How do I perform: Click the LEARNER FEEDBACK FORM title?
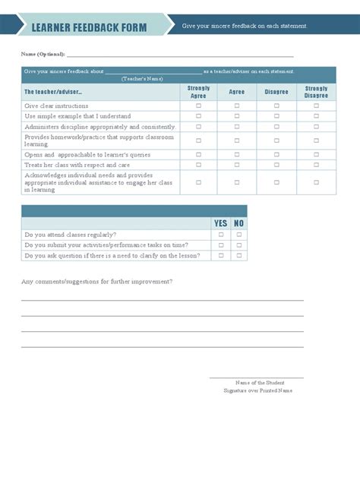[89, 27]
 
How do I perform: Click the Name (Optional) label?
[43, 55]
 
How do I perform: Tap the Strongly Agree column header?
[198, 92]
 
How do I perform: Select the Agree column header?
[236, 92]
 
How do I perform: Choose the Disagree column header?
[276, 92]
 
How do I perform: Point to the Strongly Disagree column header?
[316, 92]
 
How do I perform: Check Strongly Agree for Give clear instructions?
[198, 106]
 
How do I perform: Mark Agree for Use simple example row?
[236, 116]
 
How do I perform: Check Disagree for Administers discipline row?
[276, 127]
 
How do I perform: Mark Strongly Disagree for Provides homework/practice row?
[316, 141]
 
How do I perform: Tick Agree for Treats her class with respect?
[236, 165]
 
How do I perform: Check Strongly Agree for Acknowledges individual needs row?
[198, 182]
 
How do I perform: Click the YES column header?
[221, 223]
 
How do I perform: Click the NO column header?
[238, 223]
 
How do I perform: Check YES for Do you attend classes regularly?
[221, 235]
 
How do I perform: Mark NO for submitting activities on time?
[238, 245]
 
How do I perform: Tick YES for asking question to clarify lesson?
[221, 256]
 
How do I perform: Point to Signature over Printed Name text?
[257, 390]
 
